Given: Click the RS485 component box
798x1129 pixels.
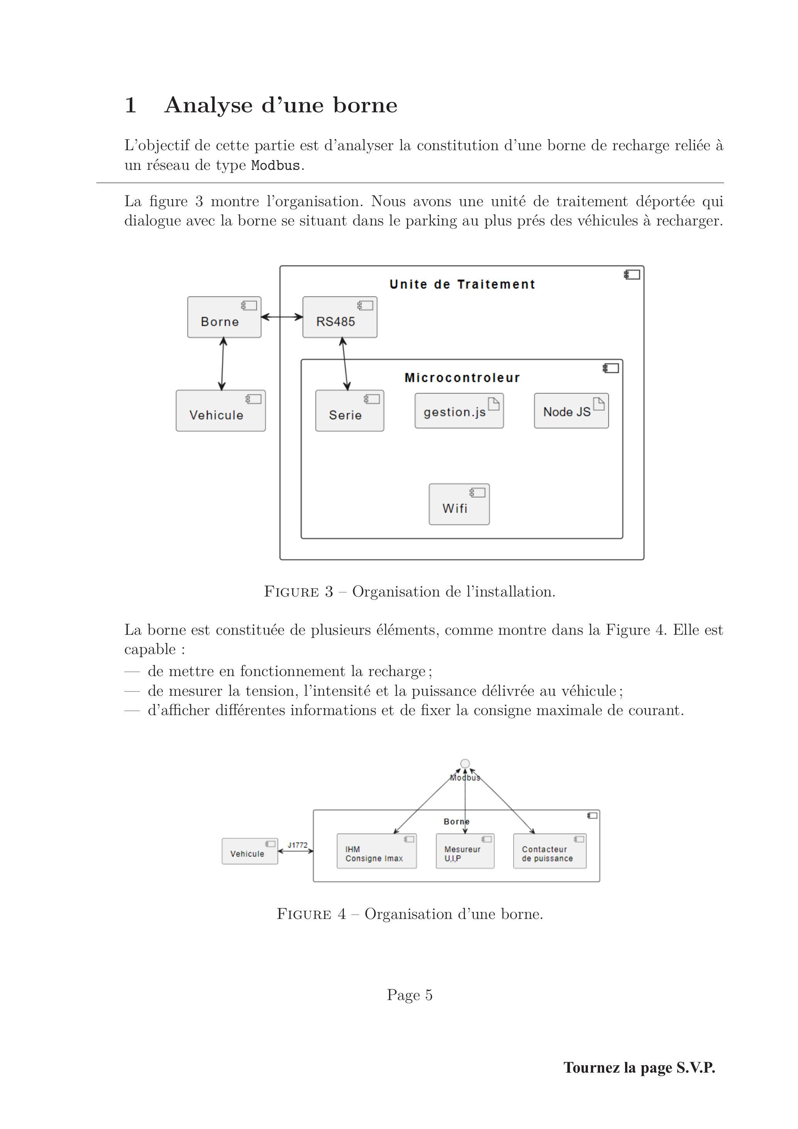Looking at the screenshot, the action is pyautogui.click(x=340, y=317).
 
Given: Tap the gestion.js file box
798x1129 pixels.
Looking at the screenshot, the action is pyautogui.click(x=459, y=410).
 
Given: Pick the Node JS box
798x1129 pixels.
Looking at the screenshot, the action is pyautogui.click(x=571, y=410).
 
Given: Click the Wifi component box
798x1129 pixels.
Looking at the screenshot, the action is pyautogui.click(x=459, y=504).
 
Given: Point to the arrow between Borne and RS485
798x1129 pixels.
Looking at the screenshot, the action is pyautogui.click(x=282, y=317).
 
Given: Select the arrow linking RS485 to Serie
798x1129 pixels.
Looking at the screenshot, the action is pyautogui.click(x=345, y=364).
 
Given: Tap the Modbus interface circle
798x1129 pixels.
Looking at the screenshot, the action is pyautogui.click(x=465, y=764).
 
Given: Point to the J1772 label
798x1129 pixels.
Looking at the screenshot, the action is pyautogui.click(x=298, y=845).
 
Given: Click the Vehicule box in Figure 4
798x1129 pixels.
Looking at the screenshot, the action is pyautogui.click(x=250, y=851).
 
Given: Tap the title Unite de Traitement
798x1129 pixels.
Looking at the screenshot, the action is pyautogui.click(x=462, y=284).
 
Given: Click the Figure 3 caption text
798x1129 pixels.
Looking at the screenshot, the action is pyautogui.click(x=410, y=591).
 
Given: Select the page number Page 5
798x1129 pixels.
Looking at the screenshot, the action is pyautogui.click(x=410, y=995).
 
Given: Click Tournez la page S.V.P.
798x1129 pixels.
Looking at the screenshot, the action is pyautogui.click(x=639, y=1067).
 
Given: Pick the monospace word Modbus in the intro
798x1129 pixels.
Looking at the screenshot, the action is pyautogui.click(x=275, y=166).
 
